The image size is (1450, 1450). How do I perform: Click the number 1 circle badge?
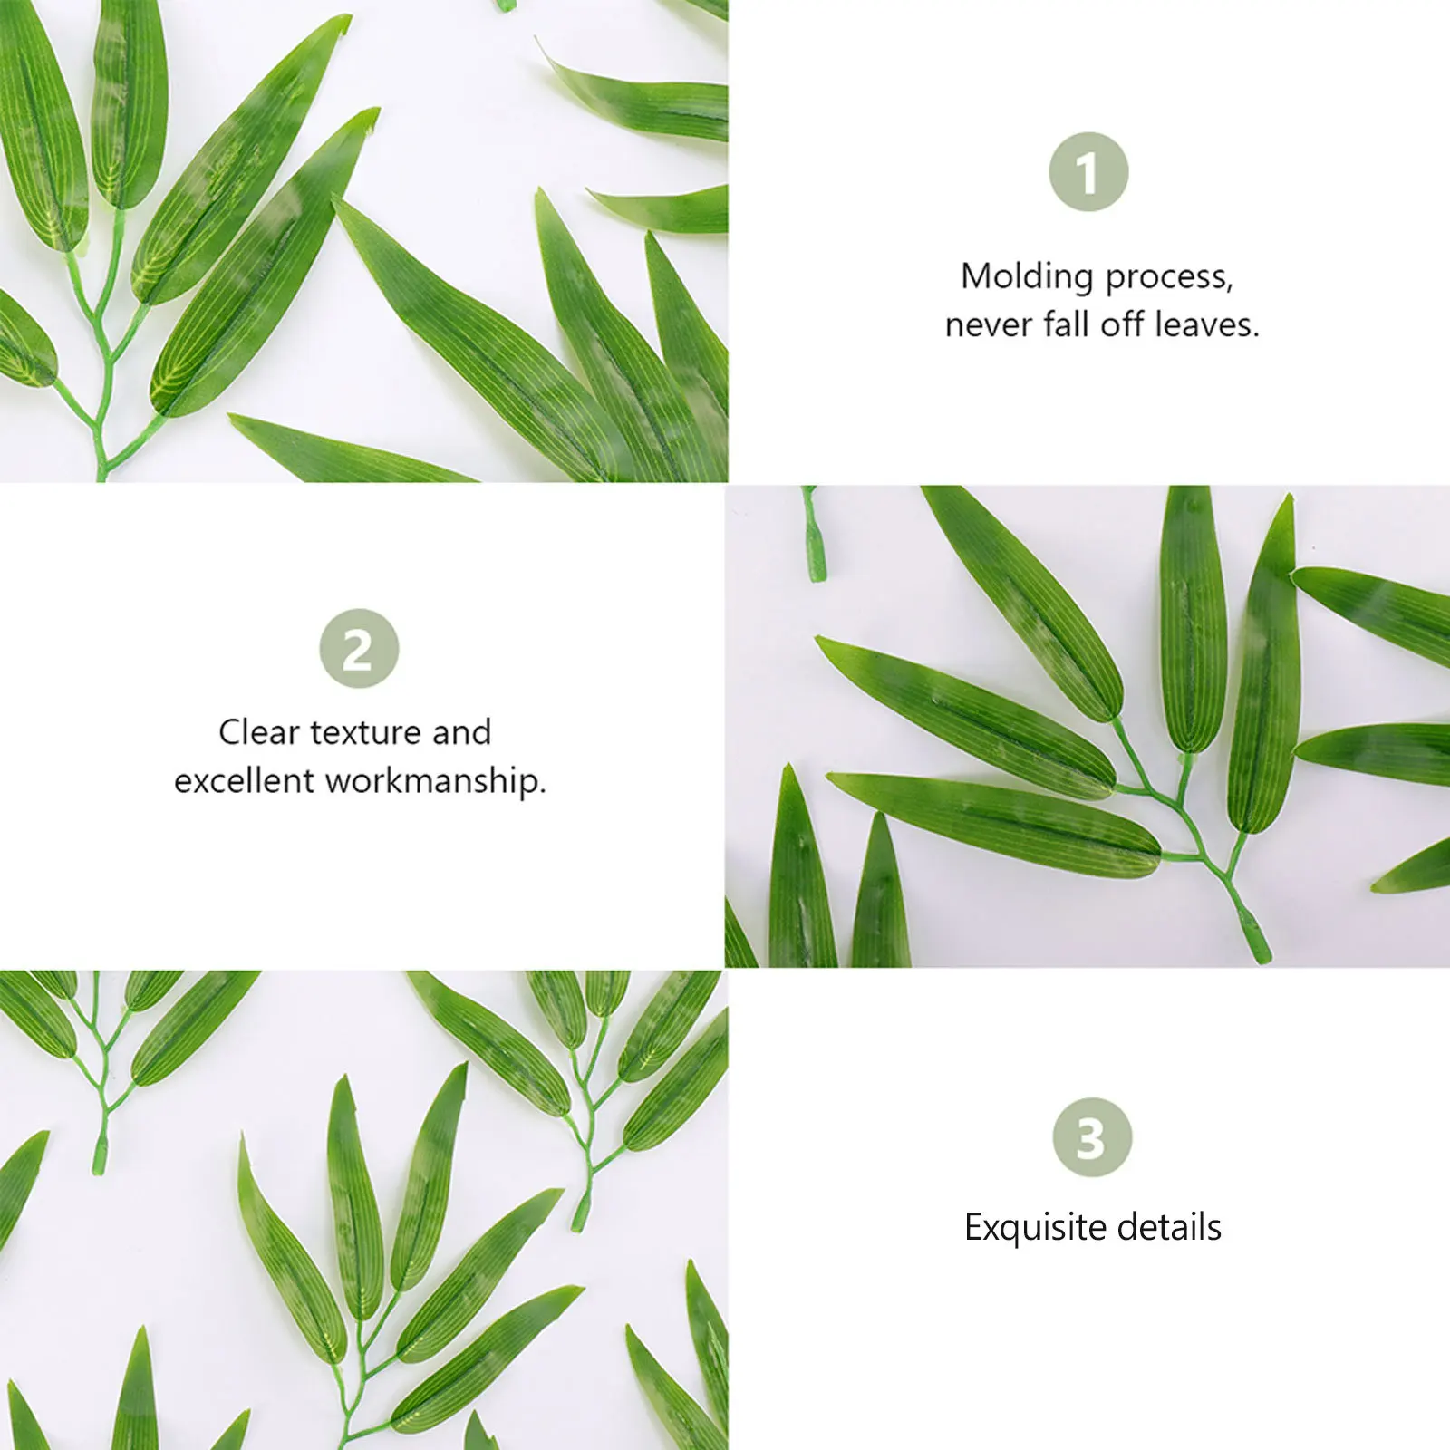pos(1088,171)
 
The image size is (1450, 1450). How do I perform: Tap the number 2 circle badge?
pos(359,648)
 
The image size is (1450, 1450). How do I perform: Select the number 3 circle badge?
pos(1092,1137)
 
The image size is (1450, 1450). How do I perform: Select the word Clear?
pos(259,731)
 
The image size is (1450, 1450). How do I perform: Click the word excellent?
pos(244,780)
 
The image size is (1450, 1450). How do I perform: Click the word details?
pos(1169,1227)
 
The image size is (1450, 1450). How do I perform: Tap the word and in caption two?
pos(461,731)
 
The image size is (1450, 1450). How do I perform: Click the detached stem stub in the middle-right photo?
pos(814,535)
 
